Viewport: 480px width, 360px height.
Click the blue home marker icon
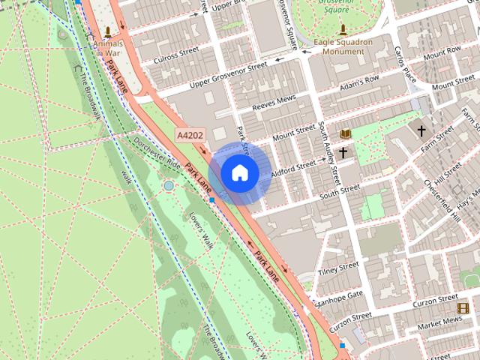(239, 172)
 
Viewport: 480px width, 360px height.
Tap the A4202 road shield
(190, 135)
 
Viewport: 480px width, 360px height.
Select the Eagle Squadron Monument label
(343, 46)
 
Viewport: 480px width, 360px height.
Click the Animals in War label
(108, 48)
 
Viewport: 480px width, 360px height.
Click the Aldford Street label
(293, 167)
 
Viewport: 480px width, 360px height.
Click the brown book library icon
(345, 133)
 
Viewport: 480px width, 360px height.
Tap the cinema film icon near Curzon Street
(463, 307)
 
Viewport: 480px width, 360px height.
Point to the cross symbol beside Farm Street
(421, 131)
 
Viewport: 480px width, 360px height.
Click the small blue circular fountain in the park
(169, 185)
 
